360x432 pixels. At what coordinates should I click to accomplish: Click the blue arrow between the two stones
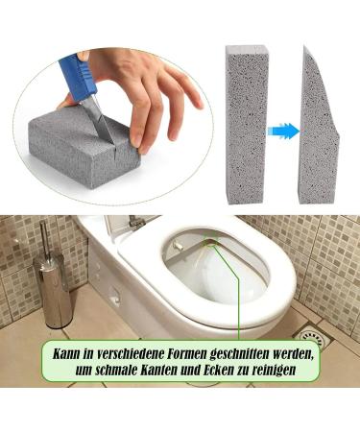pyautogui.click(x=282, y=131)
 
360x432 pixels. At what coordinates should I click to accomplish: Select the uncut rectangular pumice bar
pyautogui.click(x=247, y=124)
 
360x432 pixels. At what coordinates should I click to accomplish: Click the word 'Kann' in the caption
pyautogui.click(x=66, y=354)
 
